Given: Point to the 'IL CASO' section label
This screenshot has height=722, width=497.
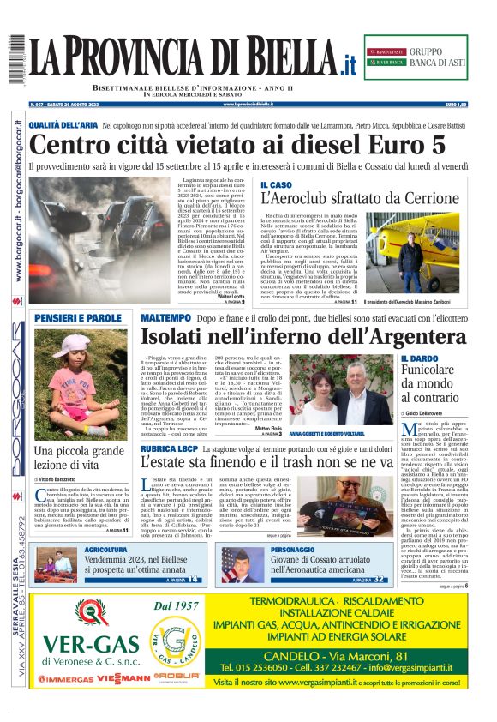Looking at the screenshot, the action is (x=277, y=184).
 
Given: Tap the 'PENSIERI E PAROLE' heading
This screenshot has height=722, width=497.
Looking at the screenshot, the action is (x=78, y=318).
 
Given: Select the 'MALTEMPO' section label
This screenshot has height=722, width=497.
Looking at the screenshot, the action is (x=166, y=317).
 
